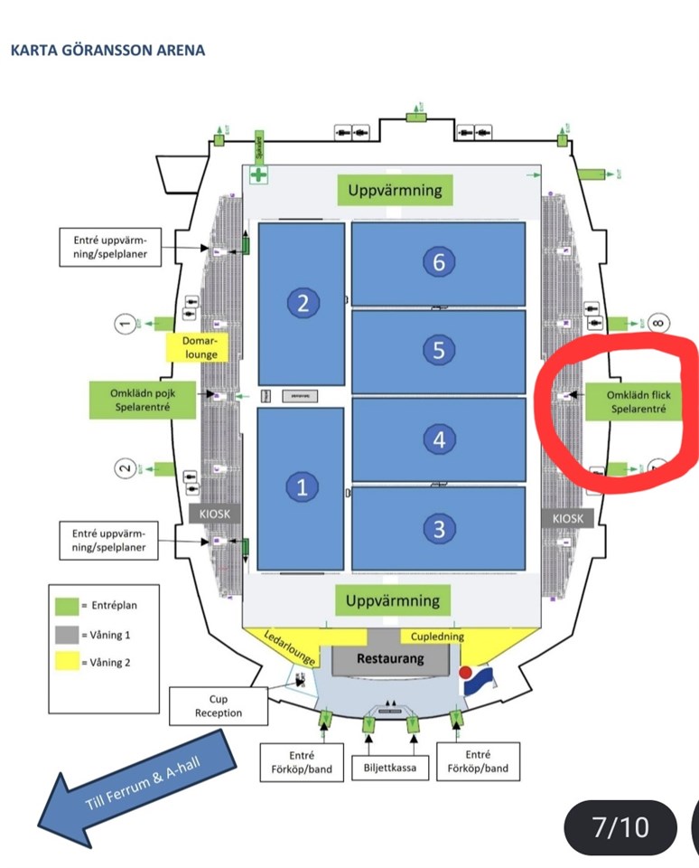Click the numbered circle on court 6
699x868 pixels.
coord(439,262)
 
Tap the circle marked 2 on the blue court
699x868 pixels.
coord(303,304)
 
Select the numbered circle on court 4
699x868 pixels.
coord(439,439)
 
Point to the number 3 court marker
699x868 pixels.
coord(439,529)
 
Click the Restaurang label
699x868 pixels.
coord(390,658)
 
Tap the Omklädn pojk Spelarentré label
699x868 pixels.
coord(143,400)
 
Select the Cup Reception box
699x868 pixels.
coord(219,706)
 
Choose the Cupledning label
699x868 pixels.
coord(437,637)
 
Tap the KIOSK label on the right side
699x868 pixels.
coord(568,518)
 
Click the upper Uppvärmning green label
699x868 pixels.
coord(395,190)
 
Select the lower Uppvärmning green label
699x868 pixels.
coord(395,600)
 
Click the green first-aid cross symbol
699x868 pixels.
coord(259,175)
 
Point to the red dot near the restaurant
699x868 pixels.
coord(466,674)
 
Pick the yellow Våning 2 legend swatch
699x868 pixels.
coord(65,663)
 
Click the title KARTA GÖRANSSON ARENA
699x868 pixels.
coord(107,50)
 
